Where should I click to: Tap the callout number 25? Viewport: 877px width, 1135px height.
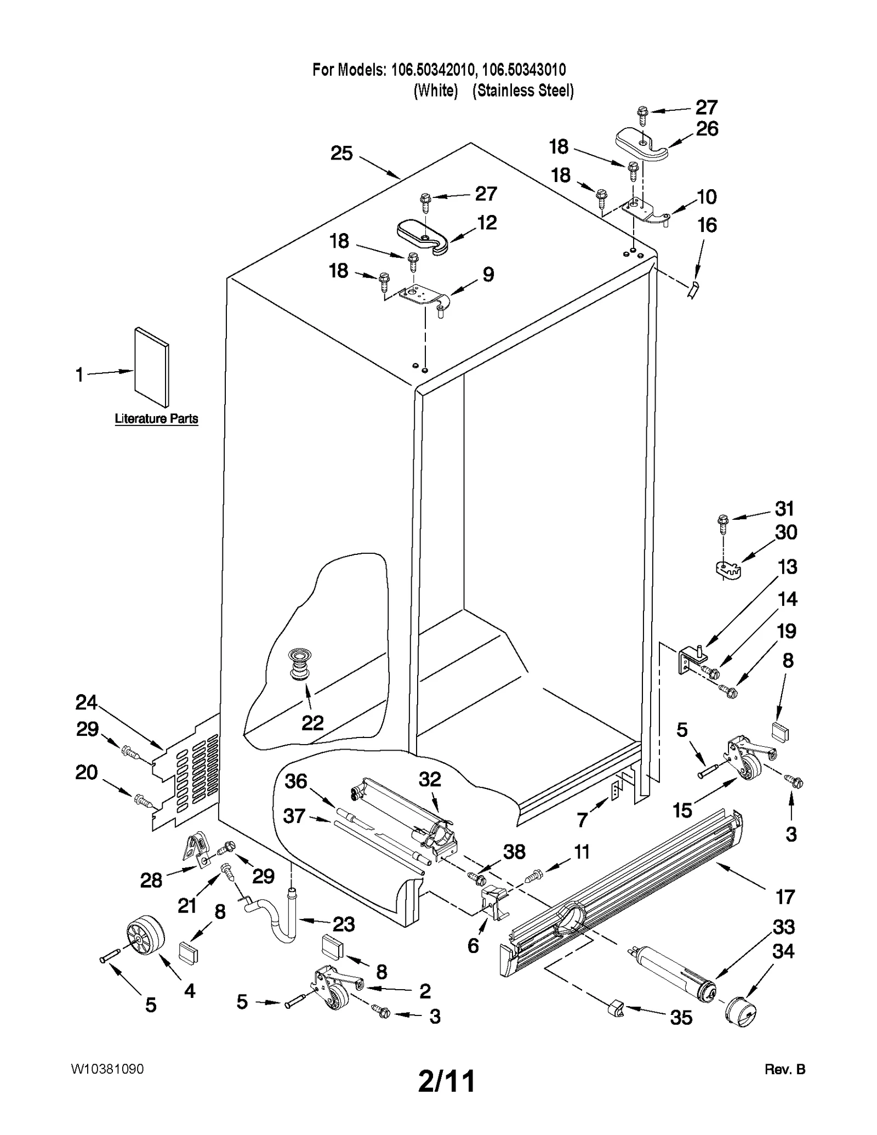pyautogui.click(x=341, y=154)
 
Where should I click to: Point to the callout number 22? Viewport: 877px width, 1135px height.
pyautogui.click(x=312, y=723)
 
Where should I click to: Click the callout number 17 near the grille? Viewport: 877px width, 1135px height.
pyautogui.click(x=785, y=897)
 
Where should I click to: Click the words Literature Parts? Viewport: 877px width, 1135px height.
pyautogui.click(x=156, y=419)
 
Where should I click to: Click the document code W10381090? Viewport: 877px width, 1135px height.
pyautogui.click(x=107, y=1069)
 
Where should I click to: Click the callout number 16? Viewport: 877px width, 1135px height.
pyautogui.click(x=707, y=225)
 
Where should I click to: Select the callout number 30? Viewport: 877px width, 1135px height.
pyautogui.click(x=785, y=532)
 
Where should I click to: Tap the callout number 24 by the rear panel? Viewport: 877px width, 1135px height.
pyautogui.click(x=86, y=702)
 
